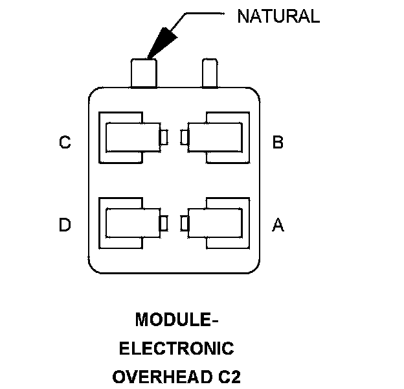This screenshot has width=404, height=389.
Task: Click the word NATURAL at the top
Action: point(278,16)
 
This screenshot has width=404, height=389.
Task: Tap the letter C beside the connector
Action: point(65,142)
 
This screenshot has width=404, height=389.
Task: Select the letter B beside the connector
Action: point(278,142)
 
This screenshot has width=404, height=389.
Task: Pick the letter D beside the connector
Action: point(65,225)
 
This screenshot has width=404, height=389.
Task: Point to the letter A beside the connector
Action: point(278,225)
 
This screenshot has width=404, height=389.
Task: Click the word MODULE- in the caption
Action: point(173,320)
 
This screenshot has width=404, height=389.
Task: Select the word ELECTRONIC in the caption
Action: point(176,348)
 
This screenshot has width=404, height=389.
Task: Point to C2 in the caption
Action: point(229,377)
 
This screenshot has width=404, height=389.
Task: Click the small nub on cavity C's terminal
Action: point(164,137)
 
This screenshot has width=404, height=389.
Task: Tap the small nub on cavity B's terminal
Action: point(185,137)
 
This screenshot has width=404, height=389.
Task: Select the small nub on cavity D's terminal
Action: point(164,222)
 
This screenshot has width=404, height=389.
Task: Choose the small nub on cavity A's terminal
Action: point(185,222)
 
